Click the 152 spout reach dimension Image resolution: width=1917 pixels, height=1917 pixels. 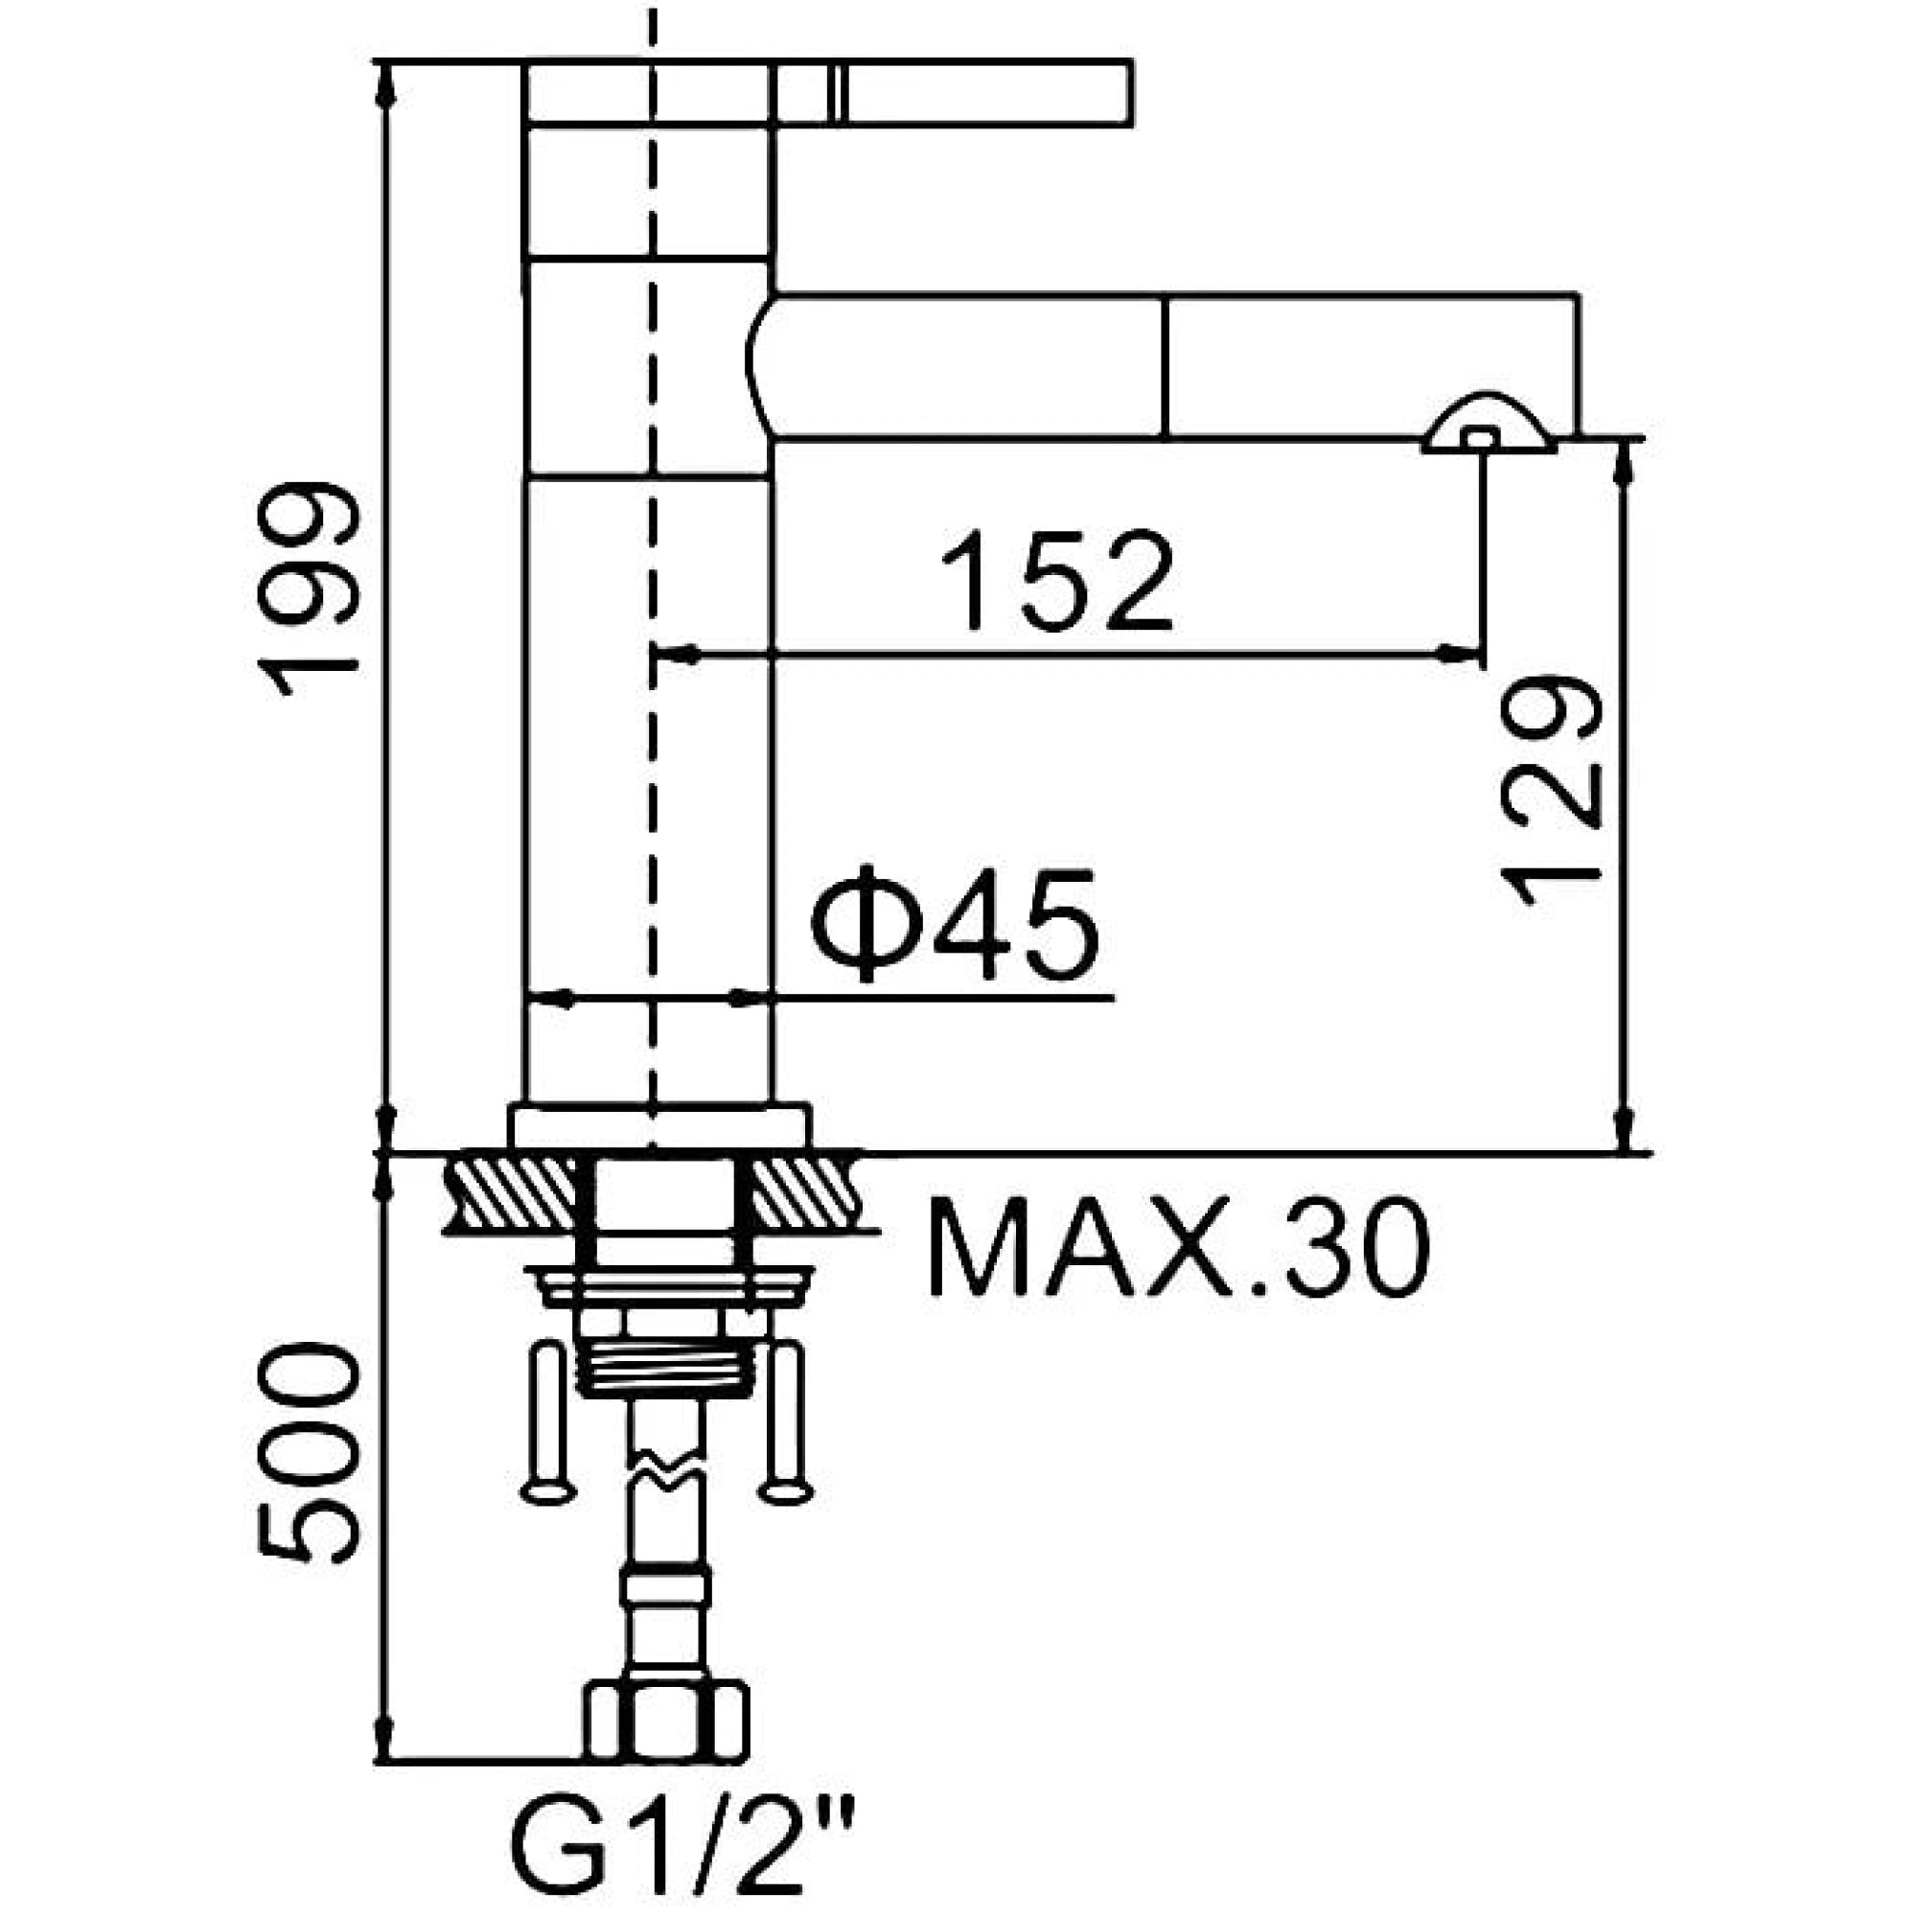click(1055, 583)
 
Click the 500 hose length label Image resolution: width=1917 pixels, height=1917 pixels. click(306, 1455)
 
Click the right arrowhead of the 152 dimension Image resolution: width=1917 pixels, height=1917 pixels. click(1462, 653)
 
